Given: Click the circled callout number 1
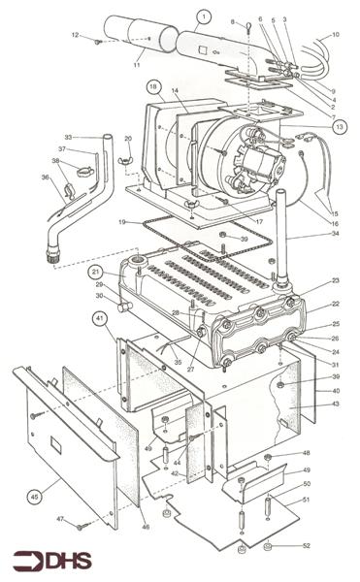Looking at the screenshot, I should pyautogui.click(x=203, y=16).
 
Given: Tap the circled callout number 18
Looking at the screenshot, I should pyautogui.click(x=154, y=86).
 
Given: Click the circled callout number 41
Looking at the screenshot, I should pyautogui.click(x=99, y=316).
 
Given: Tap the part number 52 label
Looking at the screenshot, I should pyautogui.click(x=308, y=547).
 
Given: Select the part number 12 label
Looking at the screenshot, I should pyautogui.click(x=74, y=36).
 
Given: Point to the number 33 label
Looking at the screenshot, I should pyautogui.click(x=68, y=137).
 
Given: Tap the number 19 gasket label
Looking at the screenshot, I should pyautogui.click(x=122, y=222).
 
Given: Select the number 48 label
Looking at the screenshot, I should pyautogui.click(x=306, y=453).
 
